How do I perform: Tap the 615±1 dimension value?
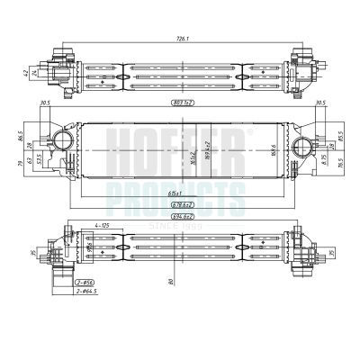178,193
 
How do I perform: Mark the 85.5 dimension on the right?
339,140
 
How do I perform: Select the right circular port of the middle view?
299,144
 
